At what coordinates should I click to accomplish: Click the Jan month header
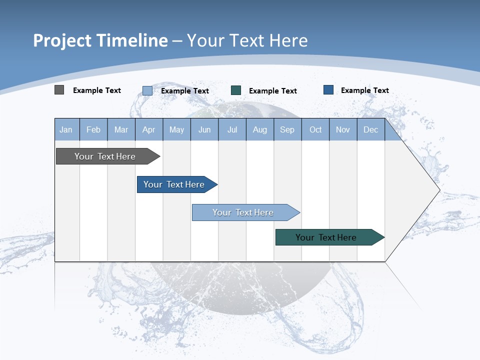coord(66,130)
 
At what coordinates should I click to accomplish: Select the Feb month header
coord(93,130)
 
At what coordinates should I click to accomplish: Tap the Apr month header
coord(149,130)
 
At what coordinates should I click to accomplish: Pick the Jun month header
coord(204,130)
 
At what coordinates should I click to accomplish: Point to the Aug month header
coord(260,130)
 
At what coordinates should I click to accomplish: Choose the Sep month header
coord(287,130)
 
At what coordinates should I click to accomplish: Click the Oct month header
coord(315,130)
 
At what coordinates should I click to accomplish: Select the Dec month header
coord(371,130)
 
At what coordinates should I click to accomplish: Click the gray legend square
coord(59,90)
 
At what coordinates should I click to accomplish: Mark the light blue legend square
coord(147,90)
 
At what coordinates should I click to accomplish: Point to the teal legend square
coord(236,90)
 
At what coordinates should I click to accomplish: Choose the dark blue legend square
coord(328,90)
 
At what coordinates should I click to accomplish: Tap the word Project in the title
coord(62,40)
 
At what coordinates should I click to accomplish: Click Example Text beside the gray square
coord(97,90)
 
